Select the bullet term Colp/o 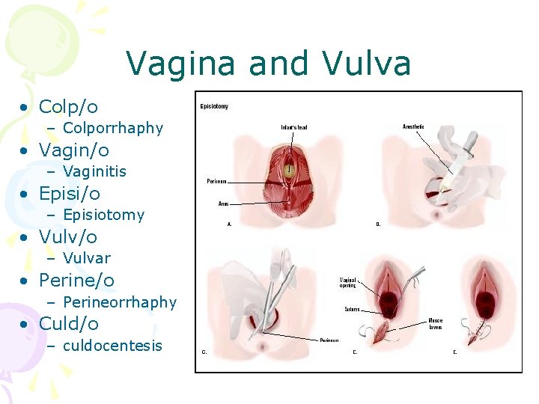[68, 107]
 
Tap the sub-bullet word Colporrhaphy [113, 128]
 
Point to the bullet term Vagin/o [73, 150]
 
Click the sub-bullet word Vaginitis [94, 171]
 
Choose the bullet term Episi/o [69, 194]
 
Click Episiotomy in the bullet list [103, 215]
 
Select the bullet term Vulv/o [67, 237]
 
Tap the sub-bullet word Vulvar [87, 258]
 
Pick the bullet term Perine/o [76, 281]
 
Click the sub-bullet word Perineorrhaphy [120, 302]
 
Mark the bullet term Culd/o [69, 324]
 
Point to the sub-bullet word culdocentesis [112, 346]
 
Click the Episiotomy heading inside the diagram [214, 106]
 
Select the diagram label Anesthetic [413, 126]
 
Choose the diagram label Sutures [352, 309]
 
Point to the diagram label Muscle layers [436, 324]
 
